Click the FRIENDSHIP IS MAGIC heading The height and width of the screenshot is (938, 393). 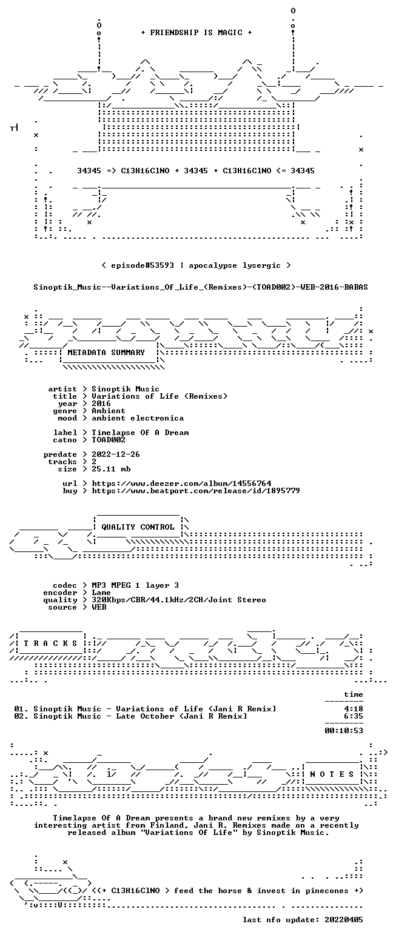(x=196, y=33)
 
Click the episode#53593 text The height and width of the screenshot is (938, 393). (x=143, y=265)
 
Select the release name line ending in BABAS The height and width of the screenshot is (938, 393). (x=201, y=287)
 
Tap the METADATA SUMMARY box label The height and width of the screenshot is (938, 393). (x=106, y=353)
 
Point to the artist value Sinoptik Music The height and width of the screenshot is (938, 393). (x=126, y=389)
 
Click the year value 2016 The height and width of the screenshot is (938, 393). (x=101, y=404)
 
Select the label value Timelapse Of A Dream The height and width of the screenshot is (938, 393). (x=140, y=433)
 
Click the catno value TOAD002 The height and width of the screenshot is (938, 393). (x=109, y=440)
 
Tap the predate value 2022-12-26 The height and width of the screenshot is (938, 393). (x=116, y=454)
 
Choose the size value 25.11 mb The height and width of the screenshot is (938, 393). (x=111, y=469)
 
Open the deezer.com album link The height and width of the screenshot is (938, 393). (x=181, y=484)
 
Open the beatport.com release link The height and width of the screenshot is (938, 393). (x=196, y=491)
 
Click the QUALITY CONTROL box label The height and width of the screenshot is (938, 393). (x=138, y=527)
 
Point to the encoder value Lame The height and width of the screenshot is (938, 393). (x=101, y=593)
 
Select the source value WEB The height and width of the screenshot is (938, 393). (x=99, y=607)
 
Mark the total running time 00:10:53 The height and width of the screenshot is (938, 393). (x=343, y=731)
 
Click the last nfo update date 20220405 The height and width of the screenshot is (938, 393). (x=343, y=920)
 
